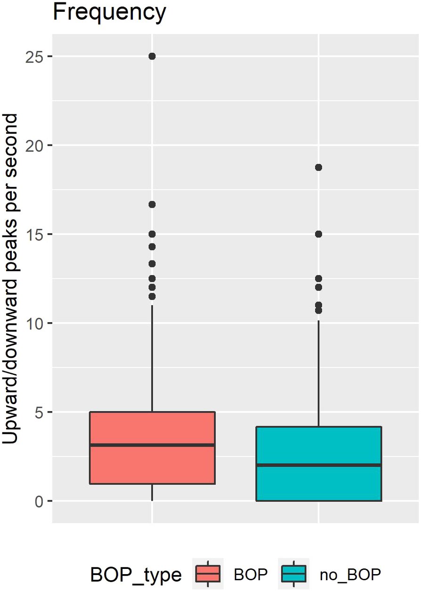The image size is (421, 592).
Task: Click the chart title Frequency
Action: click(109, 13)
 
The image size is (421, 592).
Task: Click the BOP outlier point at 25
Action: click(152, 56)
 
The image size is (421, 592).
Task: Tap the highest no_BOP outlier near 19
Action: click(318, 167)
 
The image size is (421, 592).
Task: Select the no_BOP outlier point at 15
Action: click(318, 234)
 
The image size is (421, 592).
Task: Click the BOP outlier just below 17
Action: click(152, 204)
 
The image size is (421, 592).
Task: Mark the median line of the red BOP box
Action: click(152, 445)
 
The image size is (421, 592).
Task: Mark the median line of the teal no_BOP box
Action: click(318, 465)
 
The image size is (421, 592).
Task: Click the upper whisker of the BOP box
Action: click(152, 358)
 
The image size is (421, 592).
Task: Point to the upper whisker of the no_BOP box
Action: click(318, 372)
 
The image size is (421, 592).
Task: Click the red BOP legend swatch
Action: click(208, 574)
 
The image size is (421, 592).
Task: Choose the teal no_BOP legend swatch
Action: click(294, 574)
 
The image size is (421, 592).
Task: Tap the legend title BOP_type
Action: click(136, 575)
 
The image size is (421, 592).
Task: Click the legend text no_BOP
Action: click(350, 575)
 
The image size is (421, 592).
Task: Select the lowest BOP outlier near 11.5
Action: click(152, 296)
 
